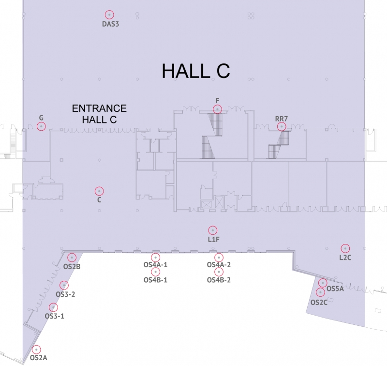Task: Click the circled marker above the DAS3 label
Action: point(110,15)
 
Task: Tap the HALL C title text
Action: point(195,71)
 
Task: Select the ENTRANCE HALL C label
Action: point(99,114)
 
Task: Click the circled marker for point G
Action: point(41,126)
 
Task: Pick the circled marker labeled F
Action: point(218,109)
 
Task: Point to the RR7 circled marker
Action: point(281,126)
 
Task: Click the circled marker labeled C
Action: point(99,190)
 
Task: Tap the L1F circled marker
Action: point(212,230)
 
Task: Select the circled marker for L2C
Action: point(345,248)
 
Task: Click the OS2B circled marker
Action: point(72,257)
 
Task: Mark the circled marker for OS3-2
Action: point(64,285)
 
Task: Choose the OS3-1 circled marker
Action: point(53,307)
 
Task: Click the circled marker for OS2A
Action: point(36,349)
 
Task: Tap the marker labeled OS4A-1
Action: point(155,257)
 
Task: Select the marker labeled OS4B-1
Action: point(155,272)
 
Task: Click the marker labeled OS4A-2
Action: point(219,257)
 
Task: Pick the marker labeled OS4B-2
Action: point(219,272)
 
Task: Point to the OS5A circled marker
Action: point(323,283)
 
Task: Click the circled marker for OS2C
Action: point(320,292)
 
